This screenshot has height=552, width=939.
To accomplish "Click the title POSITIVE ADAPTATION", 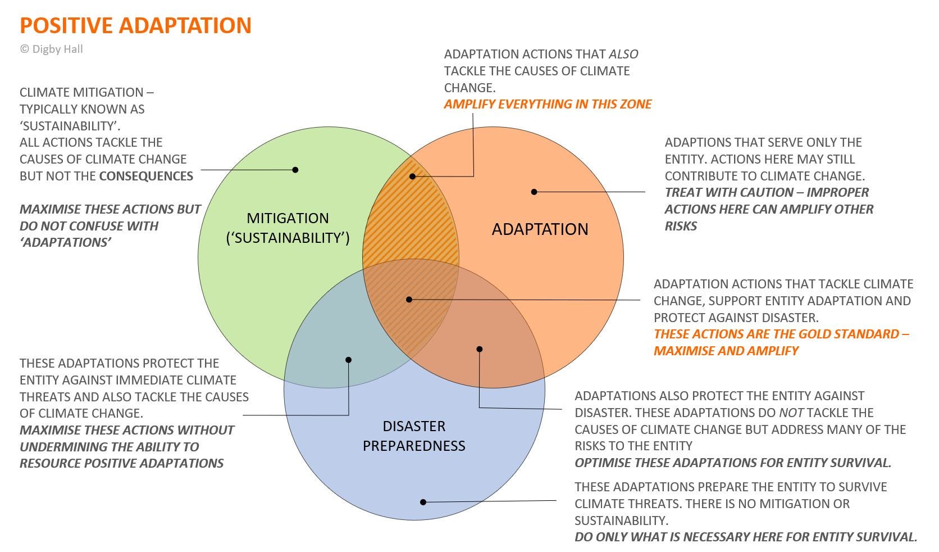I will pyautogui.click(x=135, y=26).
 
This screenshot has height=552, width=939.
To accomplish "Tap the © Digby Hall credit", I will pyautogui.click(x=51, y=49).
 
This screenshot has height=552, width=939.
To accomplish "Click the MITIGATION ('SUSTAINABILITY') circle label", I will pyautogui.click(x=288, y=228).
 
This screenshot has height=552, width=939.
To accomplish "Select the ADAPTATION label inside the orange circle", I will pyautogui.click(x=540, y=229).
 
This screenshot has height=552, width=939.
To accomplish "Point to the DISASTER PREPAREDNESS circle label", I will pyautogui.click(x=414, y=436).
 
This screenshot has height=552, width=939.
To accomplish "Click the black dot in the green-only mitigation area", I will pyautogui.click(x=295, y=170).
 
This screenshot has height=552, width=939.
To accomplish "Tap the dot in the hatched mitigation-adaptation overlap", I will pyautogui.click(x=412, y=177).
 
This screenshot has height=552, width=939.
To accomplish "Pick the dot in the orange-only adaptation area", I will pyautogui.click(x=534, y=192).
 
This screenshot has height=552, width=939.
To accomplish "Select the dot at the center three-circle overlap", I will pyautogui.click(x=409, y=300).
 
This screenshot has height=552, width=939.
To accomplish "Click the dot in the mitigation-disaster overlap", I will pyautogui.click(x=349, y=360).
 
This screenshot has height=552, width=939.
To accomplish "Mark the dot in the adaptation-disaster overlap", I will pyautogui.click(x=480, y=349).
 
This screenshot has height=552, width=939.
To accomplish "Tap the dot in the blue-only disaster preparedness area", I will pyautogui.click(x=423, y=502).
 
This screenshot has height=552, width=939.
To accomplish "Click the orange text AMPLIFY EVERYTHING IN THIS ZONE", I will pyautogui.click(x=548, y=105).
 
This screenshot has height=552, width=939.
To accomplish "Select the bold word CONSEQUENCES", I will pyautogui.click(x=146, y=176).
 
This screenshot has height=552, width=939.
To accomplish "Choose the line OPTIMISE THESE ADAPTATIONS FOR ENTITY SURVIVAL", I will pyautogui.click(x=733, y=463).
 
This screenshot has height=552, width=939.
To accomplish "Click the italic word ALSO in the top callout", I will pyautogui.click(x=623, y=55).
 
